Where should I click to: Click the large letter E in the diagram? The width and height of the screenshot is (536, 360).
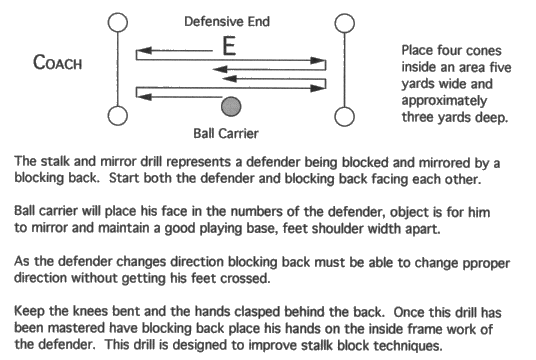click(228, 46)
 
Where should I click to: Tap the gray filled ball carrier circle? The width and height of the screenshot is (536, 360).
click(231, 104)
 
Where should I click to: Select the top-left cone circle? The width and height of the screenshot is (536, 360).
click(118, 21)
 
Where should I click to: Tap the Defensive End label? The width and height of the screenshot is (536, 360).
click(229, 19)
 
